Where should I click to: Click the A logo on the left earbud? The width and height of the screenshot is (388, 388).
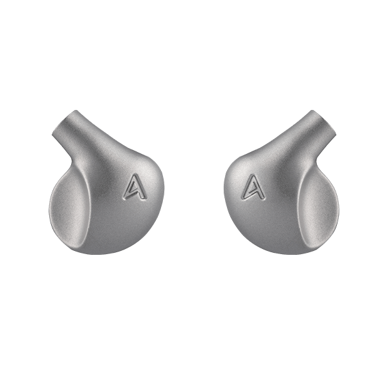pos(135,187)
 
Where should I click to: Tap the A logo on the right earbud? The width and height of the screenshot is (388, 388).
pos(253,187)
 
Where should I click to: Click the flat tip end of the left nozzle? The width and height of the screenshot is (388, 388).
pos(64,122)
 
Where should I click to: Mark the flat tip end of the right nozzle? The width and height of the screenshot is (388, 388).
pos(324,122)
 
